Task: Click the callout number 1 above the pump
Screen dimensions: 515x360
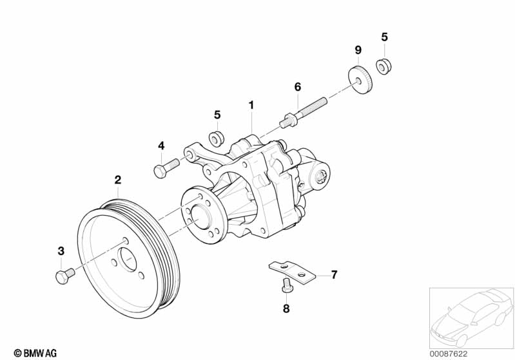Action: (251, 106)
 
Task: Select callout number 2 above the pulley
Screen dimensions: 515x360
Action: (117, 180)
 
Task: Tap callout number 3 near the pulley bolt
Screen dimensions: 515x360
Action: (61, 251)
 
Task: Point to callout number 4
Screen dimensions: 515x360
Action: (161, 146)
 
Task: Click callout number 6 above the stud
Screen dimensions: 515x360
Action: (298, 87)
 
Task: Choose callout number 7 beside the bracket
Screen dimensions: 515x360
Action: (334, 275)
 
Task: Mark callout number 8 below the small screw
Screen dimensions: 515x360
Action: (286, 308)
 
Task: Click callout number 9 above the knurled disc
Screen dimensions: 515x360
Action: (358, 50)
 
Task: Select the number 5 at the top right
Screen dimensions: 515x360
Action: (384, 37)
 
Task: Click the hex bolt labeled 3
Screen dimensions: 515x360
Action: (65, 276)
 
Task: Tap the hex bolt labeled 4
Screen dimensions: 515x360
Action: (166, 167)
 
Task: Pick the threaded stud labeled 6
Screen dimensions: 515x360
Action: (303, 111)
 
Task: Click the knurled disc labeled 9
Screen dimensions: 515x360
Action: (360, 80)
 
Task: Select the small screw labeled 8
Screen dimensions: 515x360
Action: (286, 283)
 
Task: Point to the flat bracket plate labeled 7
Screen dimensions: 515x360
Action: (292, 270)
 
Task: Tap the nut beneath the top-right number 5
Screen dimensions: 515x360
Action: (384, 66)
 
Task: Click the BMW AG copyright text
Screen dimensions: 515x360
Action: (35, 353)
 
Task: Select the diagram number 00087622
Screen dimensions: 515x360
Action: (449, 354)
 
